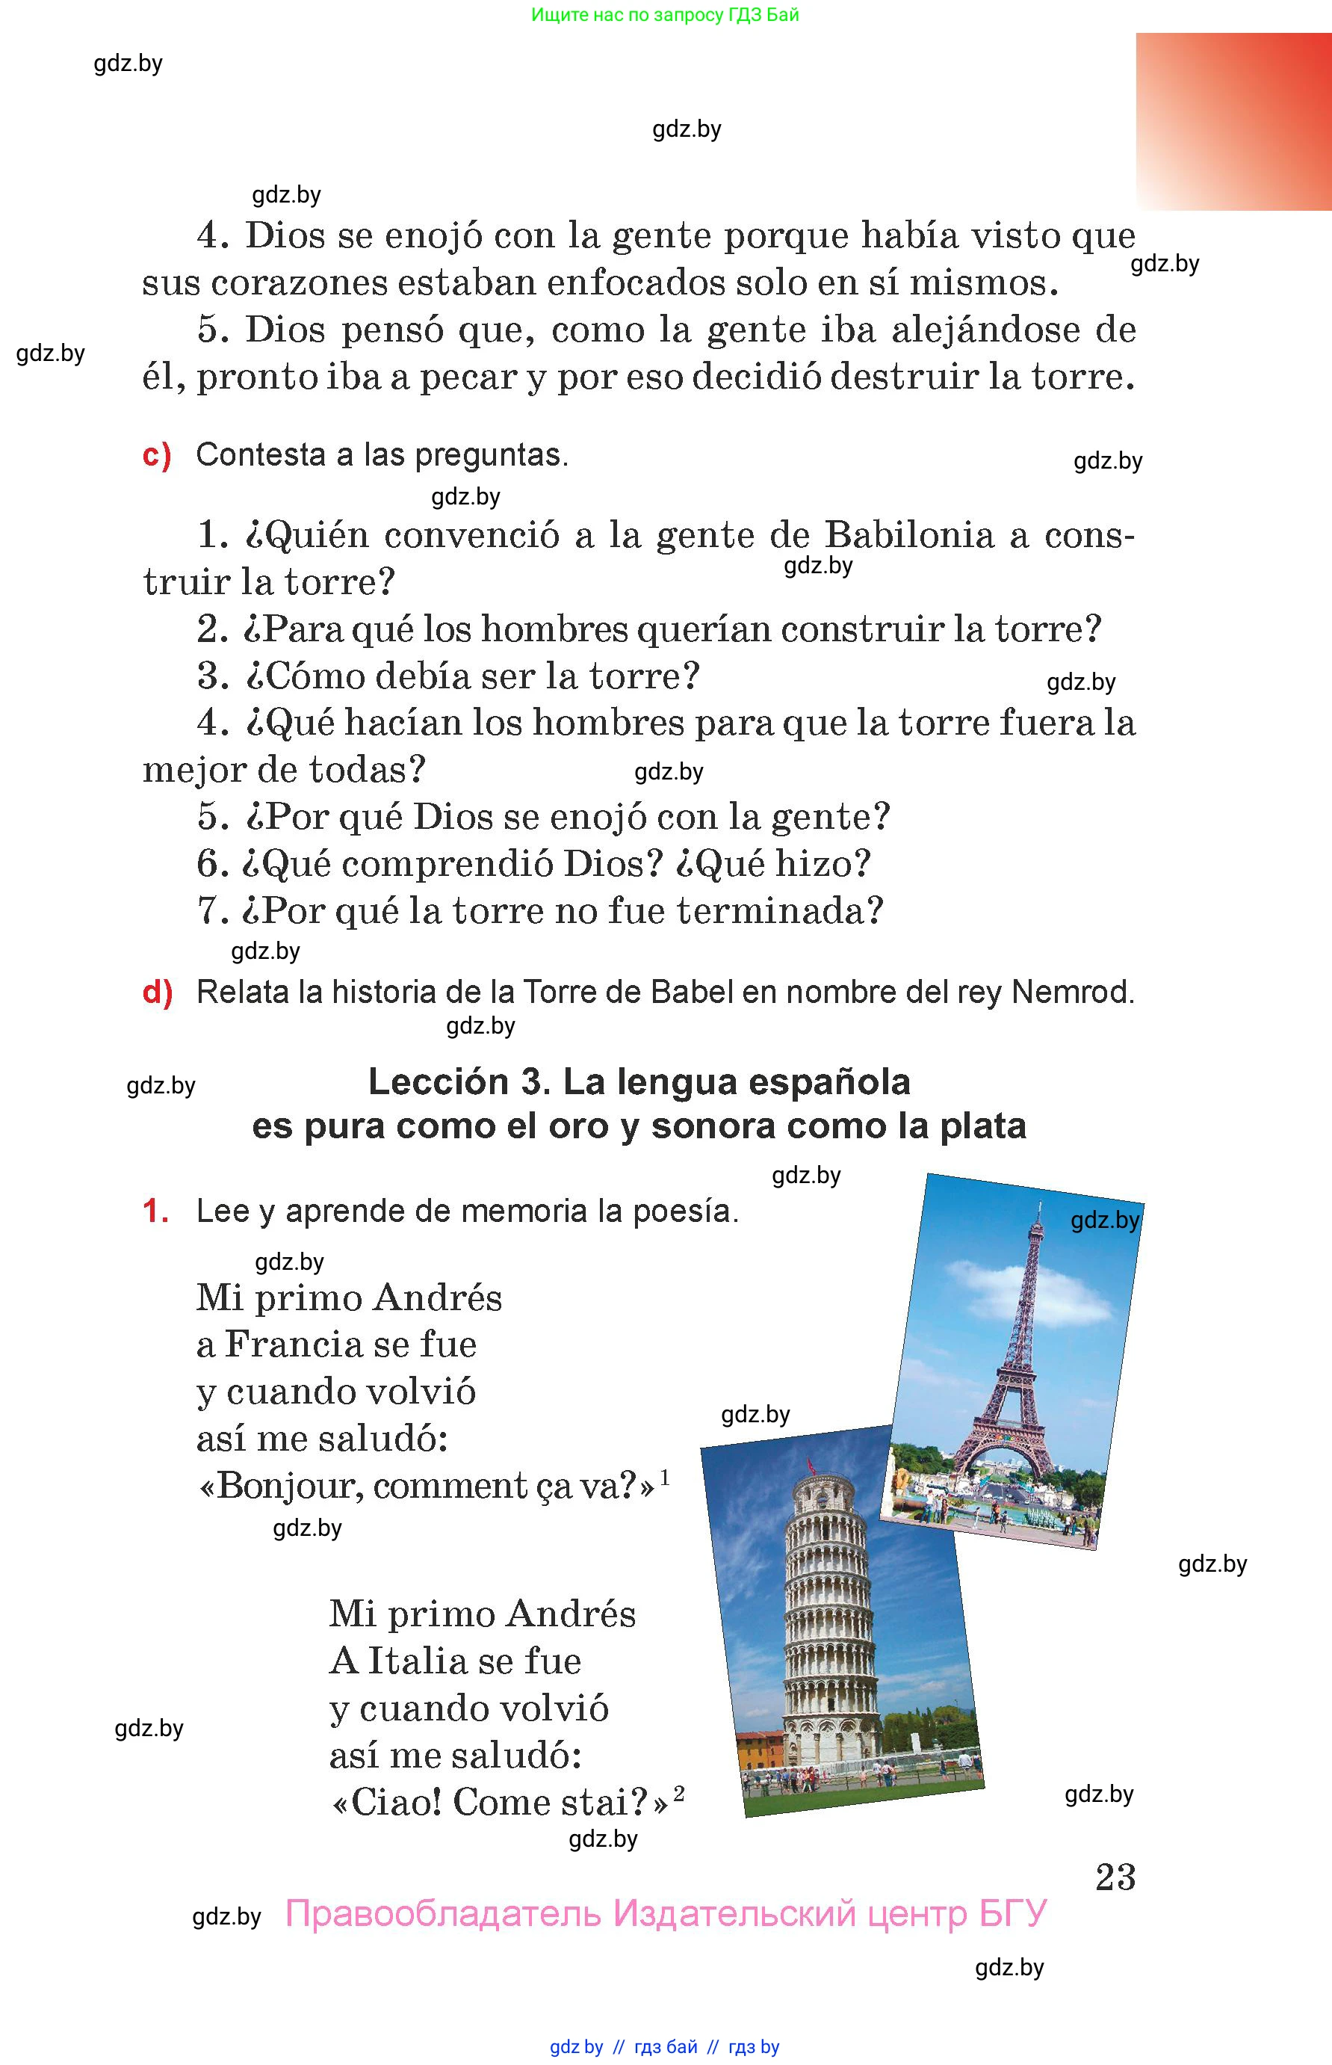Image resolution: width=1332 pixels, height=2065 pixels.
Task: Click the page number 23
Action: (x=1115, y=1877)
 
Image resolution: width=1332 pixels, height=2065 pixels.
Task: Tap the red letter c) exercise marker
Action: (x=157, y=455)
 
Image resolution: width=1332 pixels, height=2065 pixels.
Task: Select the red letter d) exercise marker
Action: (x=158, y=993)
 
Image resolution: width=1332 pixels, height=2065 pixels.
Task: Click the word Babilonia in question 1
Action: (x=909, y=536)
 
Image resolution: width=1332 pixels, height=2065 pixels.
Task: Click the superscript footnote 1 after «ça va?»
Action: (x=664, y=1477)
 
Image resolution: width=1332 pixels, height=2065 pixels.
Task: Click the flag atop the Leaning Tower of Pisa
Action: (x=811, y=1466)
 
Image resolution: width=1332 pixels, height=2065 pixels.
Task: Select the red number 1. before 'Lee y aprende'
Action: (x=155, y=1211)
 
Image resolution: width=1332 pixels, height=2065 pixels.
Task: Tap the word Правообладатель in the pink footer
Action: (x=442, y=1913)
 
